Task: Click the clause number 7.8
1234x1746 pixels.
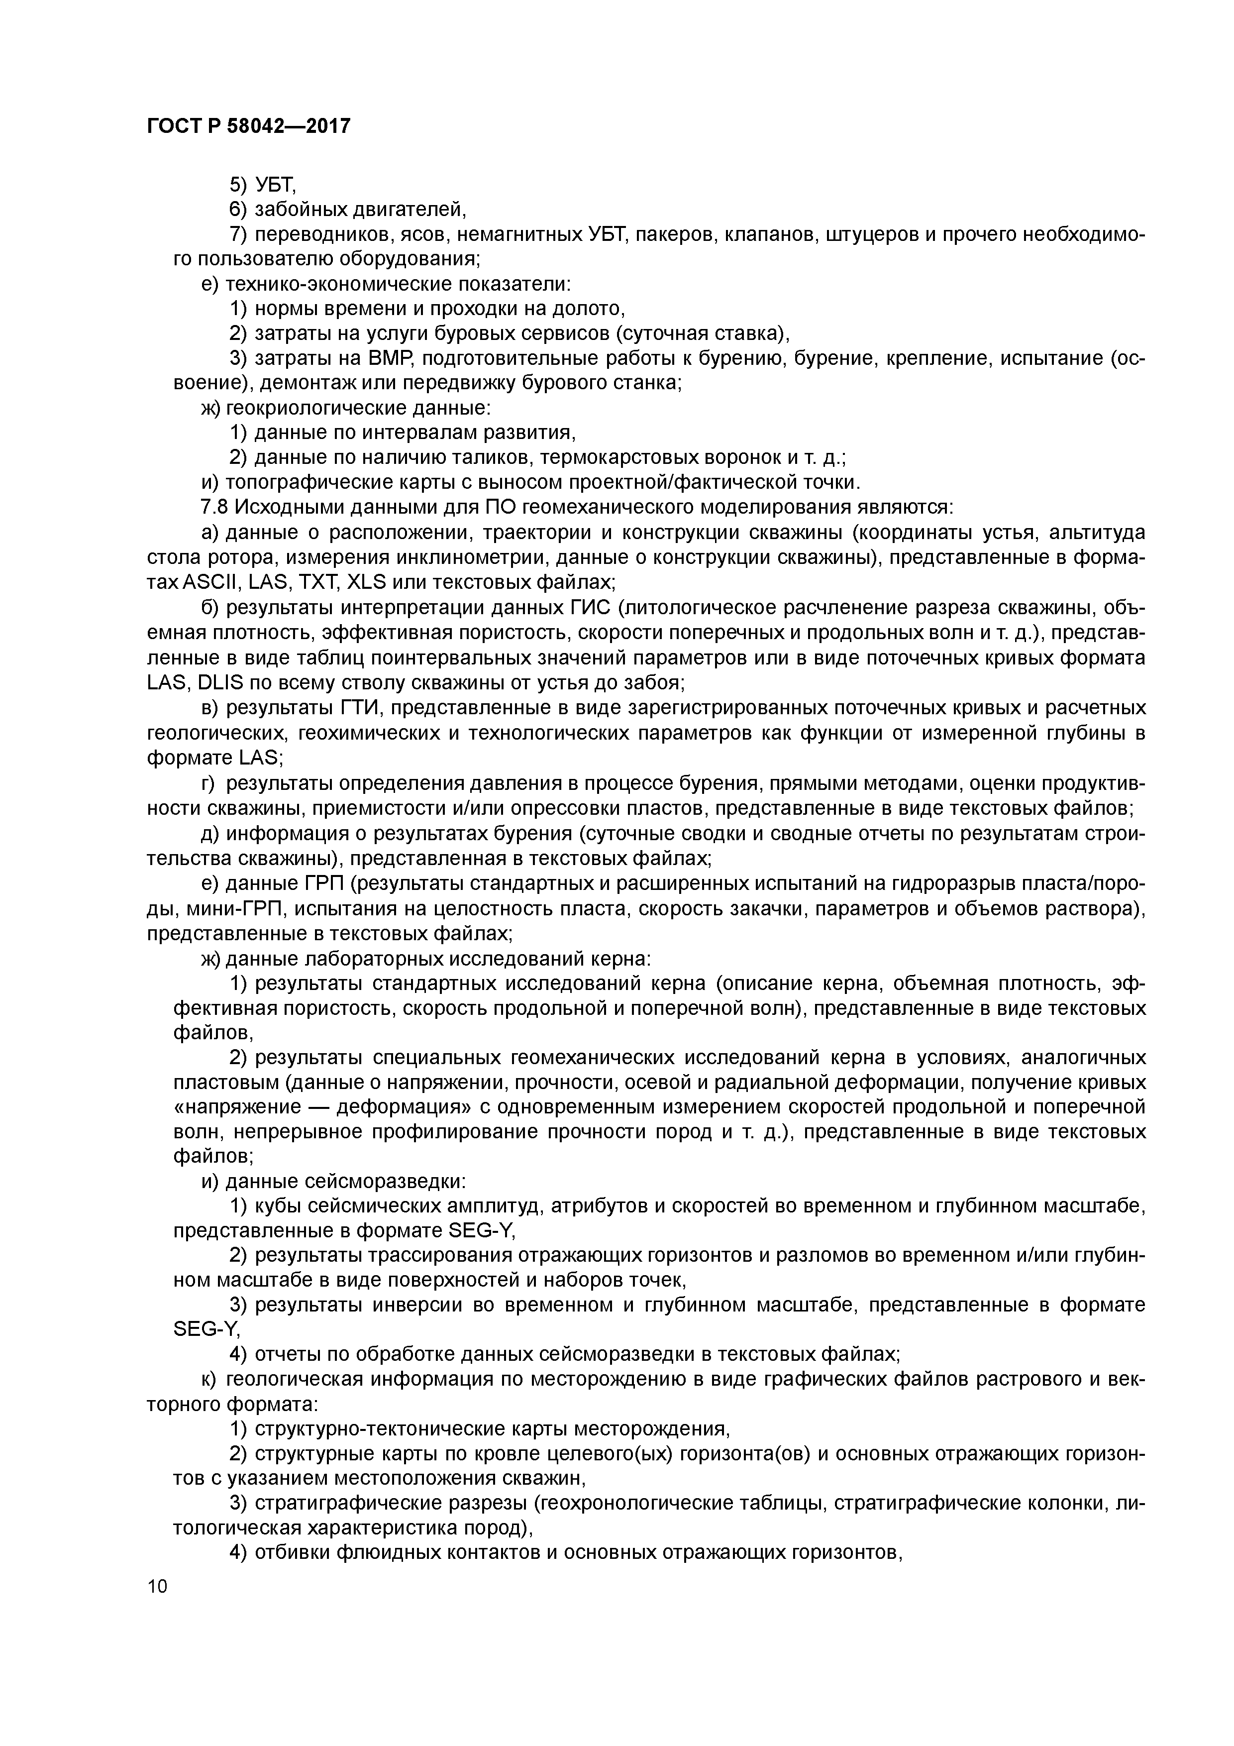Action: point(213,507)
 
